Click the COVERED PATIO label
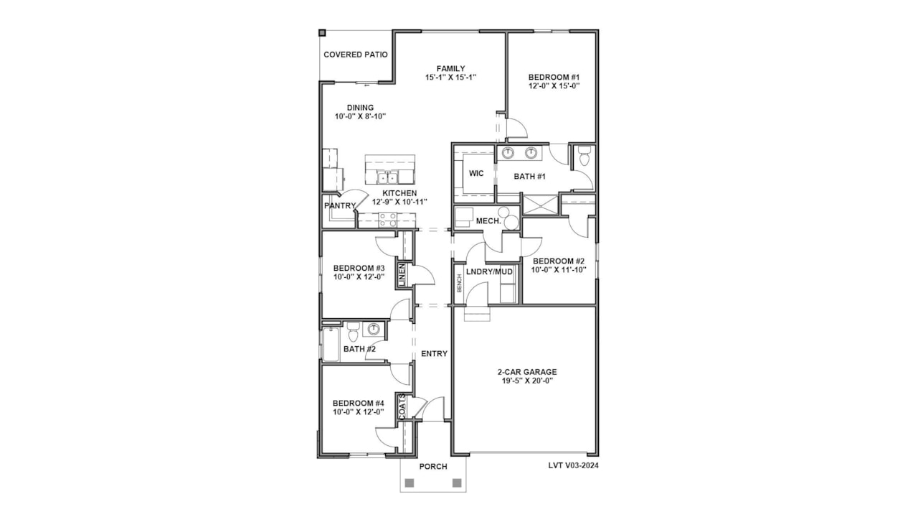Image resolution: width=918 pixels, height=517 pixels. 355,55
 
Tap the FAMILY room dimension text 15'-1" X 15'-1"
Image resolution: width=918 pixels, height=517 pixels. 450,77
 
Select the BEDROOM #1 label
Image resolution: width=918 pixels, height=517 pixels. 554,77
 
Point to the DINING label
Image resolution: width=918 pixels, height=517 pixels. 360,108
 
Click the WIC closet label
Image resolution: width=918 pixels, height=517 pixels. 476,174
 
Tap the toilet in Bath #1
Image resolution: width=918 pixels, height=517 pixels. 585,155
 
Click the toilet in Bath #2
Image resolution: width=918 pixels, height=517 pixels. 353,332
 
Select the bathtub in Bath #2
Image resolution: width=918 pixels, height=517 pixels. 331,344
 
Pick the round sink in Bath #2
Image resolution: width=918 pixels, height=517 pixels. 374,329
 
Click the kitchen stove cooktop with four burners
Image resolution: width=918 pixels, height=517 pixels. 387,220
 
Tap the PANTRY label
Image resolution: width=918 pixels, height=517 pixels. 340,205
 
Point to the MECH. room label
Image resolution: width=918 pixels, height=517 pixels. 488,221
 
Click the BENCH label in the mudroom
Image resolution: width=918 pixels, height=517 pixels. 460,283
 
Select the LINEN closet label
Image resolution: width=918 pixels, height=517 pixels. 402,274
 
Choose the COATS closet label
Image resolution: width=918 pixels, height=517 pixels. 402,406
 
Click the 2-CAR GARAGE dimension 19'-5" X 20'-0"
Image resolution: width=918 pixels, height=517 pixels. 527,381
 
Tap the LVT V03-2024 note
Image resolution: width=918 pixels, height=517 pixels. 573,465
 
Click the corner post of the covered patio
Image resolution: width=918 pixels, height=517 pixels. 322,32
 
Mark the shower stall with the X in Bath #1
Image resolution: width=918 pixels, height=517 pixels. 541,205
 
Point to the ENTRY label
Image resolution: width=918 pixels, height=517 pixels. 434,354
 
